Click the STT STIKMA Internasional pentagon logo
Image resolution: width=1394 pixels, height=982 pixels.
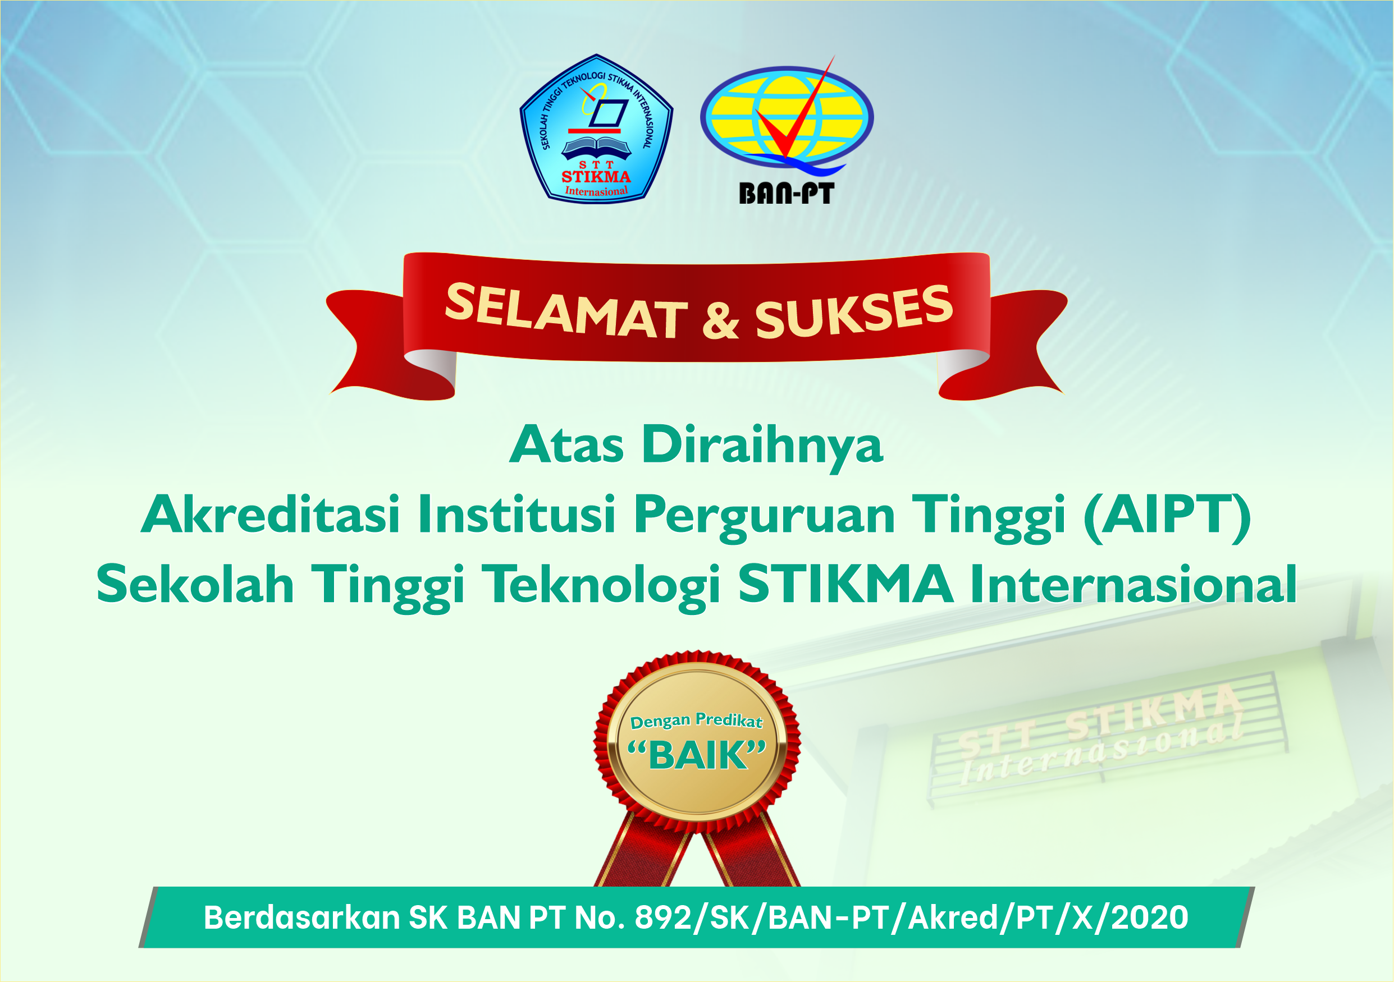596,129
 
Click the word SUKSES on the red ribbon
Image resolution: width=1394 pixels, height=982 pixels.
854,311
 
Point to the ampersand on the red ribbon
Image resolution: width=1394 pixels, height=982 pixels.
721,321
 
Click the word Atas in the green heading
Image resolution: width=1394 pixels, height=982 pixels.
566,445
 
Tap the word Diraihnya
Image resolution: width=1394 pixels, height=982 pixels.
762,448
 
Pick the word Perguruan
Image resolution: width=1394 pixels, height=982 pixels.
765,518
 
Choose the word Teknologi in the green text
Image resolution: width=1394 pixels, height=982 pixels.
605,587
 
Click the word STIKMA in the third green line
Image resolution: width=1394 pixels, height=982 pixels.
845,584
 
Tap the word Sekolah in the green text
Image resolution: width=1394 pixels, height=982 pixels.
195,584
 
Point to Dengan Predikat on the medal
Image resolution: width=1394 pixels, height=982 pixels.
696,721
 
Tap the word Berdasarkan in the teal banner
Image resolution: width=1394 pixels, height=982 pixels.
301,917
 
